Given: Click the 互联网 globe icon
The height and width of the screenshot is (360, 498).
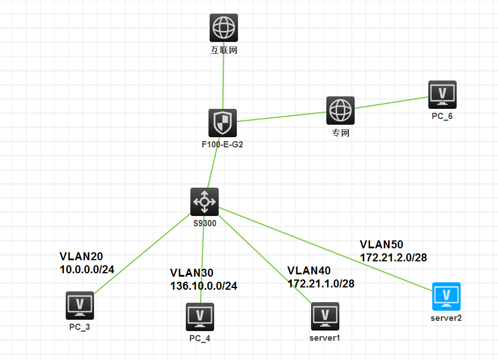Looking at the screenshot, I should (224, 28).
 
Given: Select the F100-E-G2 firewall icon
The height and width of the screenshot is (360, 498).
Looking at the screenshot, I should (223, 123).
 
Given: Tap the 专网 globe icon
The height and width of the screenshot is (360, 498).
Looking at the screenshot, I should (340, 111).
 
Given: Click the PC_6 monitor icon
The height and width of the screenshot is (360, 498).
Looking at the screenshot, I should (442, 94).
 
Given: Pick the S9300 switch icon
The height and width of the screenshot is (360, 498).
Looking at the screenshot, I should (205, 201).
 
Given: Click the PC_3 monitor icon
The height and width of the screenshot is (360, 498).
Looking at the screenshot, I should (80, 306).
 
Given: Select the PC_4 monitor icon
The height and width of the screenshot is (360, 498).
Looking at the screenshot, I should (200, 317).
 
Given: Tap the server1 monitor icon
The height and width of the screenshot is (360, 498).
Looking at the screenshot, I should (325, 316).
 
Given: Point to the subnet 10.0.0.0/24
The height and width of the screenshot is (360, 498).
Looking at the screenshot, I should (87, 269).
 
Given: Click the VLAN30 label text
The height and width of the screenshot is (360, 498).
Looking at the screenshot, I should (191, 273).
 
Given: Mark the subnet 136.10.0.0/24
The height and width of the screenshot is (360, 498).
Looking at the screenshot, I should (203, 286).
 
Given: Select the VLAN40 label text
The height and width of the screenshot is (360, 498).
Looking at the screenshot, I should (309, 271).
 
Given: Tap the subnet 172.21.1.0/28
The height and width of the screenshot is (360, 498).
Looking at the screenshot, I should (321, 283).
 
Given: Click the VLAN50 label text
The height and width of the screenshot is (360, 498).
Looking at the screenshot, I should (381, 244).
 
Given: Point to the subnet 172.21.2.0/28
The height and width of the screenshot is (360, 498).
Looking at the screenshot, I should (393, 257).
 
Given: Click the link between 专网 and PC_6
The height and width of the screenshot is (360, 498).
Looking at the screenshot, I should (391, 103).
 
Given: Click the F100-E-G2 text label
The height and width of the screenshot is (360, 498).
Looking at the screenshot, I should (223, 145).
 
